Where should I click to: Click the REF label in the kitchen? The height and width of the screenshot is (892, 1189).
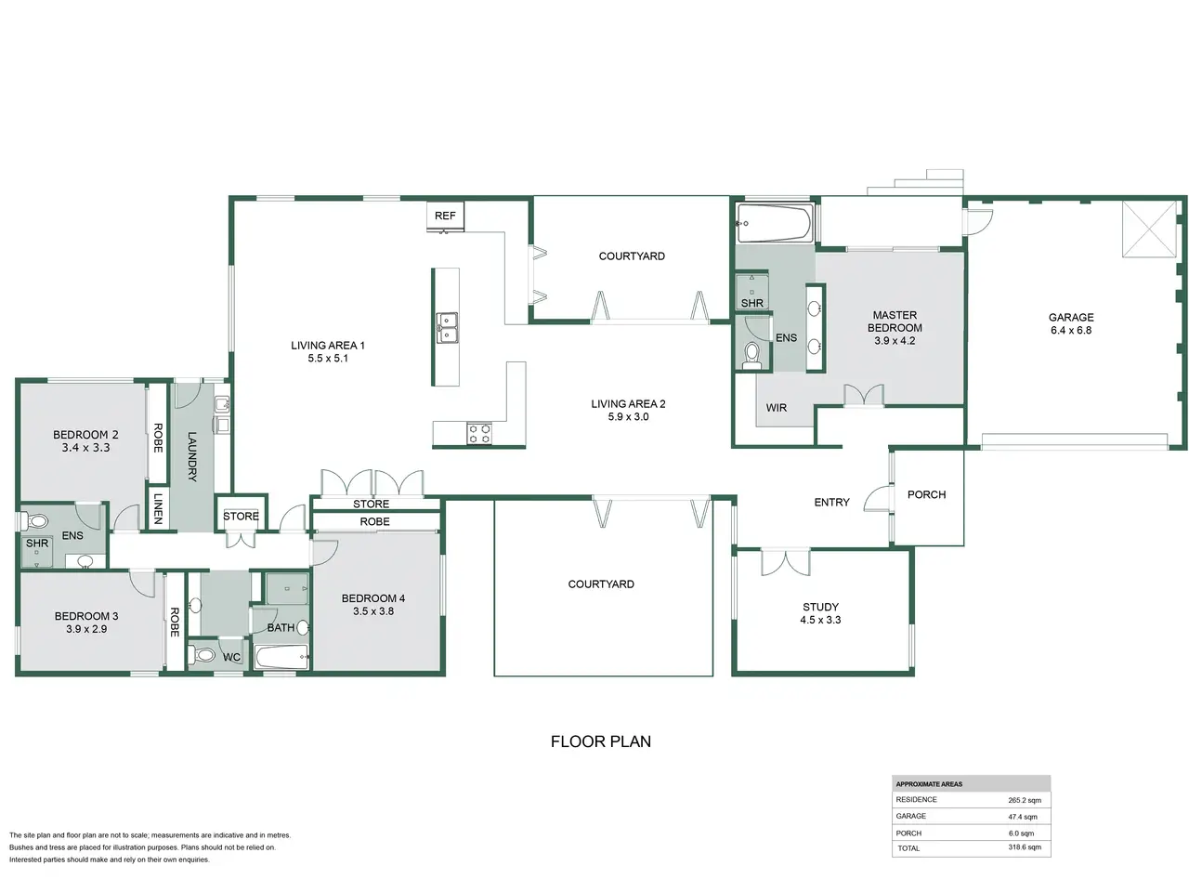445,216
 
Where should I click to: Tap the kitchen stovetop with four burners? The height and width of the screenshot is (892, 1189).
478,433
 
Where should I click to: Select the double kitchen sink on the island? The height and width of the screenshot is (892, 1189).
447,328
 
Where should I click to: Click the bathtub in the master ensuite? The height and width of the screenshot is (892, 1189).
775,223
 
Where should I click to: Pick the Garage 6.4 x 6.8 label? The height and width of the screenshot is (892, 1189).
1071,323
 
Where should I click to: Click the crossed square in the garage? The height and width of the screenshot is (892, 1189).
1149,229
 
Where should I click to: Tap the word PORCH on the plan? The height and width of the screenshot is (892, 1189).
926,494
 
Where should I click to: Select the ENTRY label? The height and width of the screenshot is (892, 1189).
831,502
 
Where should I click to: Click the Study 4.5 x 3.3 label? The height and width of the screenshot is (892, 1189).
820,613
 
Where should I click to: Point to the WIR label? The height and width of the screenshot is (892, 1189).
776,408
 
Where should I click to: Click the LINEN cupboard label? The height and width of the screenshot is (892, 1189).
158,508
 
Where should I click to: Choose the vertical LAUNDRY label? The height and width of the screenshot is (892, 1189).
191,456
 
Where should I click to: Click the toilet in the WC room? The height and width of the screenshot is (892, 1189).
203,655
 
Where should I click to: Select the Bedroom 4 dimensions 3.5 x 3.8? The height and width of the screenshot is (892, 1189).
373,610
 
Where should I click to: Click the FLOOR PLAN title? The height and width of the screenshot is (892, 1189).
601,741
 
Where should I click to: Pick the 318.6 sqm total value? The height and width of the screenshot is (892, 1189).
1025,847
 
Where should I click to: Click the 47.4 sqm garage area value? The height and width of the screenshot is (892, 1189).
1023,817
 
